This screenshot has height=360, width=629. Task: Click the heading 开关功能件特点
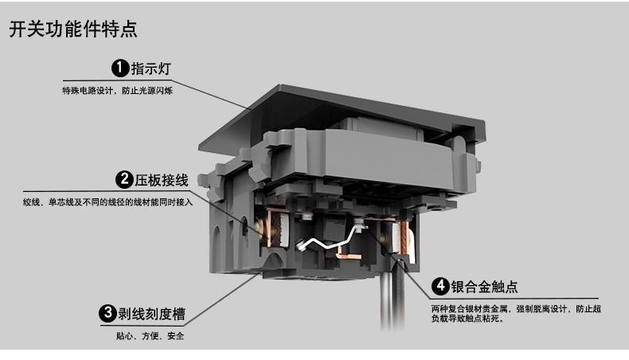tap(72, 31)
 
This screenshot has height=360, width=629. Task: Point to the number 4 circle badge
tap(440, 286)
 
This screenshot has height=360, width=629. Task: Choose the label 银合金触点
tap(485, 287)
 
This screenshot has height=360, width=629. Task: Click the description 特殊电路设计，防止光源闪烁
tap(118, 91)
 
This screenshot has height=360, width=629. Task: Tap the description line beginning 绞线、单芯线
tap(108, 202)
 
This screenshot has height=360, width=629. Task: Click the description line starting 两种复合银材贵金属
tap(515, 308)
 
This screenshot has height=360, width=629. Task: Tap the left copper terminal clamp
tap(279, 228)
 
